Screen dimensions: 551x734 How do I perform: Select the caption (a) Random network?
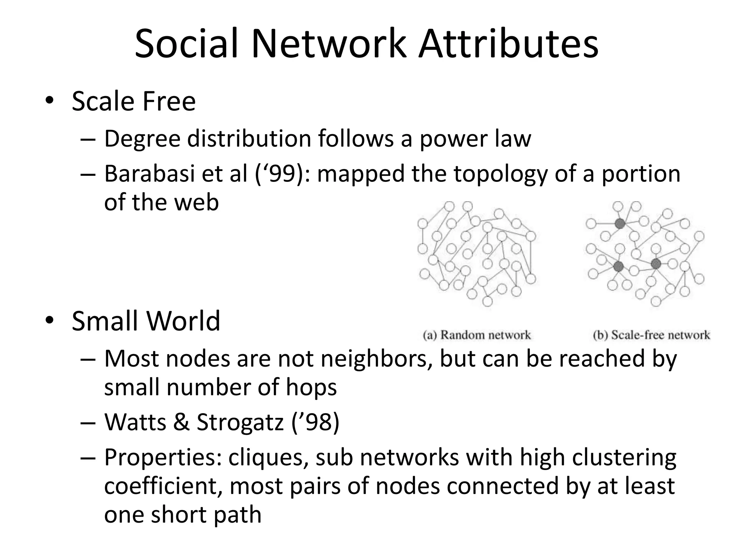click(477, 335)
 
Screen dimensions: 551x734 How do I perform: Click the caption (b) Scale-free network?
click(651, 335)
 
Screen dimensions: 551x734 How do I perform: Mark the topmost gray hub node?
click(620, 224)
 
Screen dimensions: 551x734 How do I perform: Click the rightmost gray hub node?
click(656, 264)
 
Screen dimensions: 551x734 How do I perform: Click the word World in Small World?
click(183, 320)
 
